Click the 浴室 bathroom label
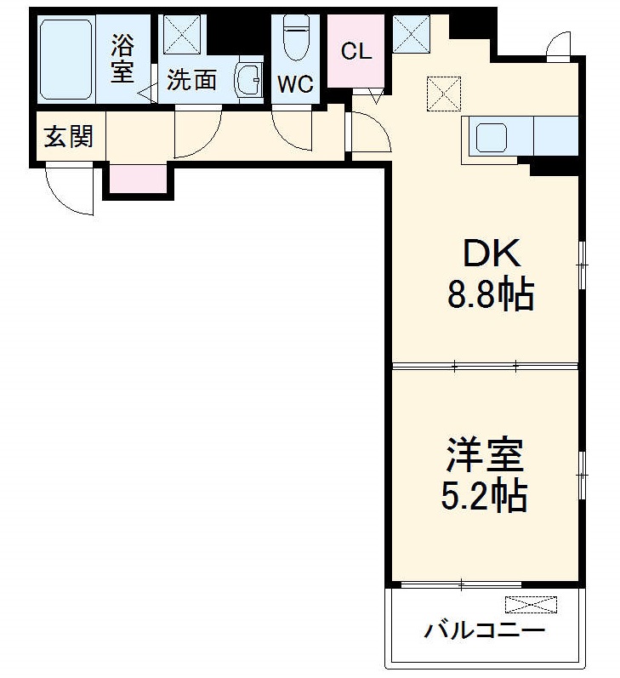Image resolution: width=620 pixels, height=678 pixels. (x=122, y=58)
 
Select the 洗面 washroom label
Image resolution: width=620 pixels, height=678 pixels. (x=191, y=80)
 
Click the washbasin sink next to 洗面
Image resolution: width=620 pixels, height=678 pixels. (x=249, y=81)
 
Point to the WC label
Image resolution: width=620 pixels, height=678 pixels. (x=295, y=84)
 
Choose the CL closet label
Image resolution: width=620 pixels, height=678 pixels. (x=356, y=51)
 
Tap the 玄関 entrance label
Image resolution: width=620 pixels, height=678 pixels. (x=69, y=136)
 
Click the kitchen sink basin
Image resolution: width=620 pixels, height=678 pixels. (x=492, y=136)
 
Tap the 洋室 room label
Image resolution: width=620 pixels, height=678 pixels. (x=485, y=454)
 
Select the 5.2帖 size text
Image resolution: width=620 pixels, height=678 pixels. (x=484, y=495)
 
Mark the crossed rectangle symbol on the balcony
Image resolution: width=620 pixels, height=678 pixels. (x=532, y=605)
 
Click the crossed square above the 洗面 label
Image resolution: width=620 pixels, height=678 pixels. (x=180, y=35)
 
